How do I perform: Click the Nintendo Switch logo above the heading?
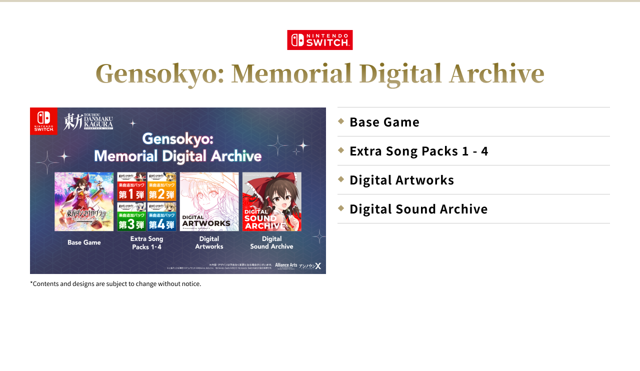click(x=320, y=40)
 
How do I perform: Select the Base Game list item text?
click(x=384, y=122)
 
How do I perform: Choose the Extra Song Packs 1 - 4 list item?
click(x=418, y=151)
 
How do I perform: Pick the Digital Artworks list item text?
click(x=401, y=180)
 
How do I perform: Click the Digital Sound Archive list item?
click(x=418, y=209)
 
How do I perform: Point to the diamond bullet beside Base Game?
click(x=341, y=121)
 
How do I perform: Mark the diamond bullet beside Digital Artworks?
click(x=341, y=179)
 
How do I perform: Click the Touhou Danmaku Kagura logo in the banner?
click(x=88, y=121)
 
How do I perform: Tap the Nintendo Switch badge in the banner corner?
click(x=44, y=121)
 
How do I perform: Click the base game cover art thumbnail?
click(x=84, y=201)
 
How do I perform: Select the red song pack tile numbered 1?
click(x=132, y=186)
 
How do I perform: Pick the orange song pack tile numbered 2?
click(x=161, y=186)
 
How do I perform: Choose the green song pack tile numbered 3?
click(x=132, y=216)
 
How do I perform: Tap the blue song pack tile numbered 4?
click(x=161, y=216)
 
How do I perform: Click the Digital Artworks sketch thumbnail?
click(x=209, y=201)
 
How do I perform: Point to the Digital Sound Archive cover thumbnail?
click(x=272, y=201)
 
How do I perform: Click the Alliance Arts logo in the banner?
click(x=286, y=265)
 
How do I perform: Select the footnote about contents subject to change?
click(x=115, y=284)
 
